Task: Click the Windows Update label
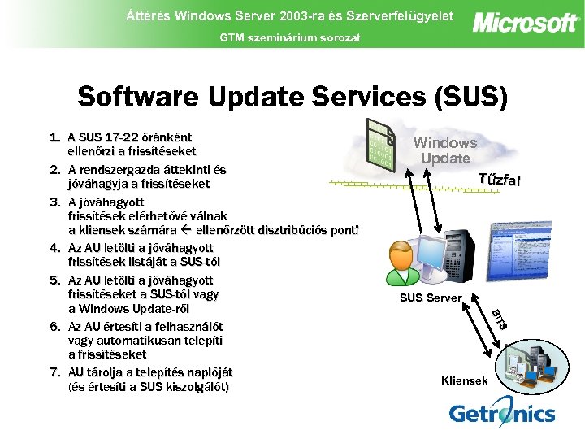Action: click(445, 150)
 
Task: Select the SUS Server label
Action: click(430, 298)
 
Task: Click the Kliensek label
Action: click(464, 380)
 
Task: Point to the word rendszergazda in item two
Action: click(123, 170)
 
